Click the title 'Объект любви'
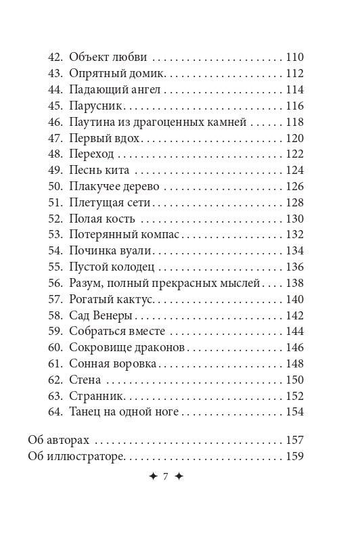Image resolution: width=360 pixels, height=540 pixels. point(108,57)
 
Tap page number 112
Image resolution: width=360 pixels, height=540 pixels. point(295,73)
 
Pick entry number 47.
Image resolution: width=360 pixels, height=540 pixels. point(56,138)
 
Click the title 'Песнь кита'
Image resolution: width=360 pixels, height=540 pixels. point(99,171)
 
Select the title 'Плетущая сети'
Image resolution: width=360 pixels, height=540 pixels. point(110,202)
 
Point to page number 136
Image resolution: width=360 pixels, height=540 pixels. point(295,267)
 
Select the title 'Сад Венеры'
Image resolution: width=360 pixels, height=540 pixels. point(100,316)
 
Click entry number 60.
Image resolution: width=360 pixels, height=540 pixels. point(56,348)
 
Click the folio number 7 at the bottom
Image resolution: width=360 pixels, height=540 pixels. point(165,477)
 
